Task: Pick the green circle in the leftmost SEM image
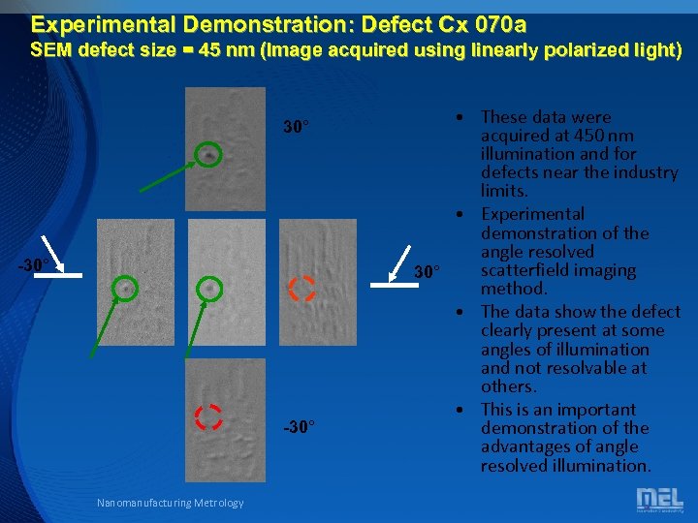125,288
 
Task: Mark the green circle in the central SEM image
208,288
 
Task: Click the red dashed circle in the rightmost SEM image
301,288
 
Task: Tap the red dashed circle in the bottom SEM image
208,416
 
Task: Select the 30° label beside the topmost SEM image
296,127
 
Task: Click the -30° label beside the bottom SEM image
299,426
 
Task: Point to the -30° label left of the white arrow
35,264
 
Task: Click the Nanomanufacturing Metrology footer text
171,502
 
